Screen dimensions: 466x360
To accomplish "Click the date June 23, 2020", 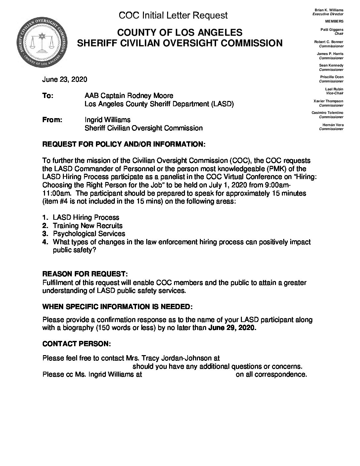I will [x=65, y=79].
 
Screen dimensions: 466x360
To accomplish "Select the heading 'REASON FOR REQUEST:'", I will [x=85, y=274].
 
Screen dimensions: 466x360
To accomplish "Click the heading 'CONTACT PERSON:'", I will [x=77, y=344].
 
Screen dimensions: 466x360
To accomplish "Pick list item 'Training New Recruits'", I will [x=88, y=226].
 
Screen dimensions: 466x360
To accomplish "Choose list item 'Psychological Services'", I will [x=88, y=234].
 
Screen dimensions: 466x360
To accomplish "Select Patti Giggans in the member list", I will [x=332, y=29].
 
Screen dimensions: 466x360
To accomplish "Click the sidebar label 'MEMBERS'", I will [x=334, y=21].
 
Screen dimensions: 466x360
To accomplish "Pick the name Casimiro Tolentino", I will [x=328, y=113].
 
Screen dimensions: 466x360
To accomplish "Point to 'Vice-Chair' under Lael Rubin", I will [x=335, y=93].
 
